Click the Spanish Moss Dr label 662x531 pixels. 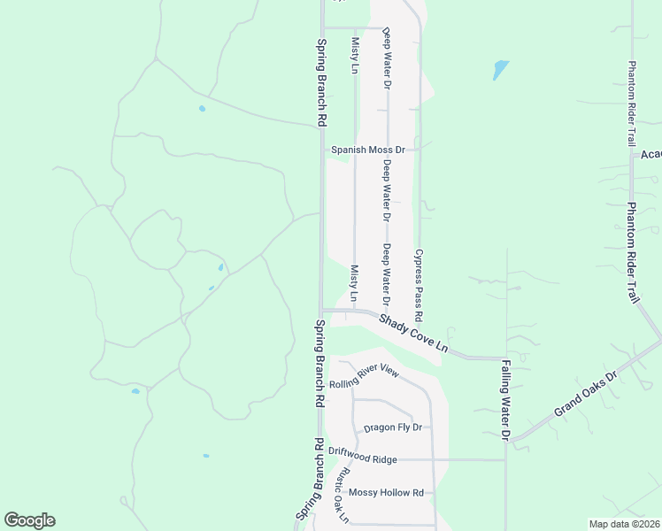367,150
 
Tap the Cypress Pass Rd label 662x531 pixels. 419,285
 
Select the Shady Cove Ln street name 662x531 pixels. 414,335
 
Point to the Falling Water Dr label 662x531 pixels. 506,399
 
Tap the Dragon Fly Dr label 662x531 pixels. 392,427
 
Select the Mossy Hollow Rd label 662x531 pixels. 386,492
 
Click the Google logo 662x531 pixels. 29,520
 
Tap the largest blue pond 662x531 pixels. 501,69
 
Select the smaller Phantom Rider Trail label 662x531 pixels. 632,104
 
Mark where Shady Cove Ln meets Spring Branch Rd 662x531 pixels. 322,310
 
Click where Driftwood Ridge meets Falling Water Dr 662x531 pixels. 506,459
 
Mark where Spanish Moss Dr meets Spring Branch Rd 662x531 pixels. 322,150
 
